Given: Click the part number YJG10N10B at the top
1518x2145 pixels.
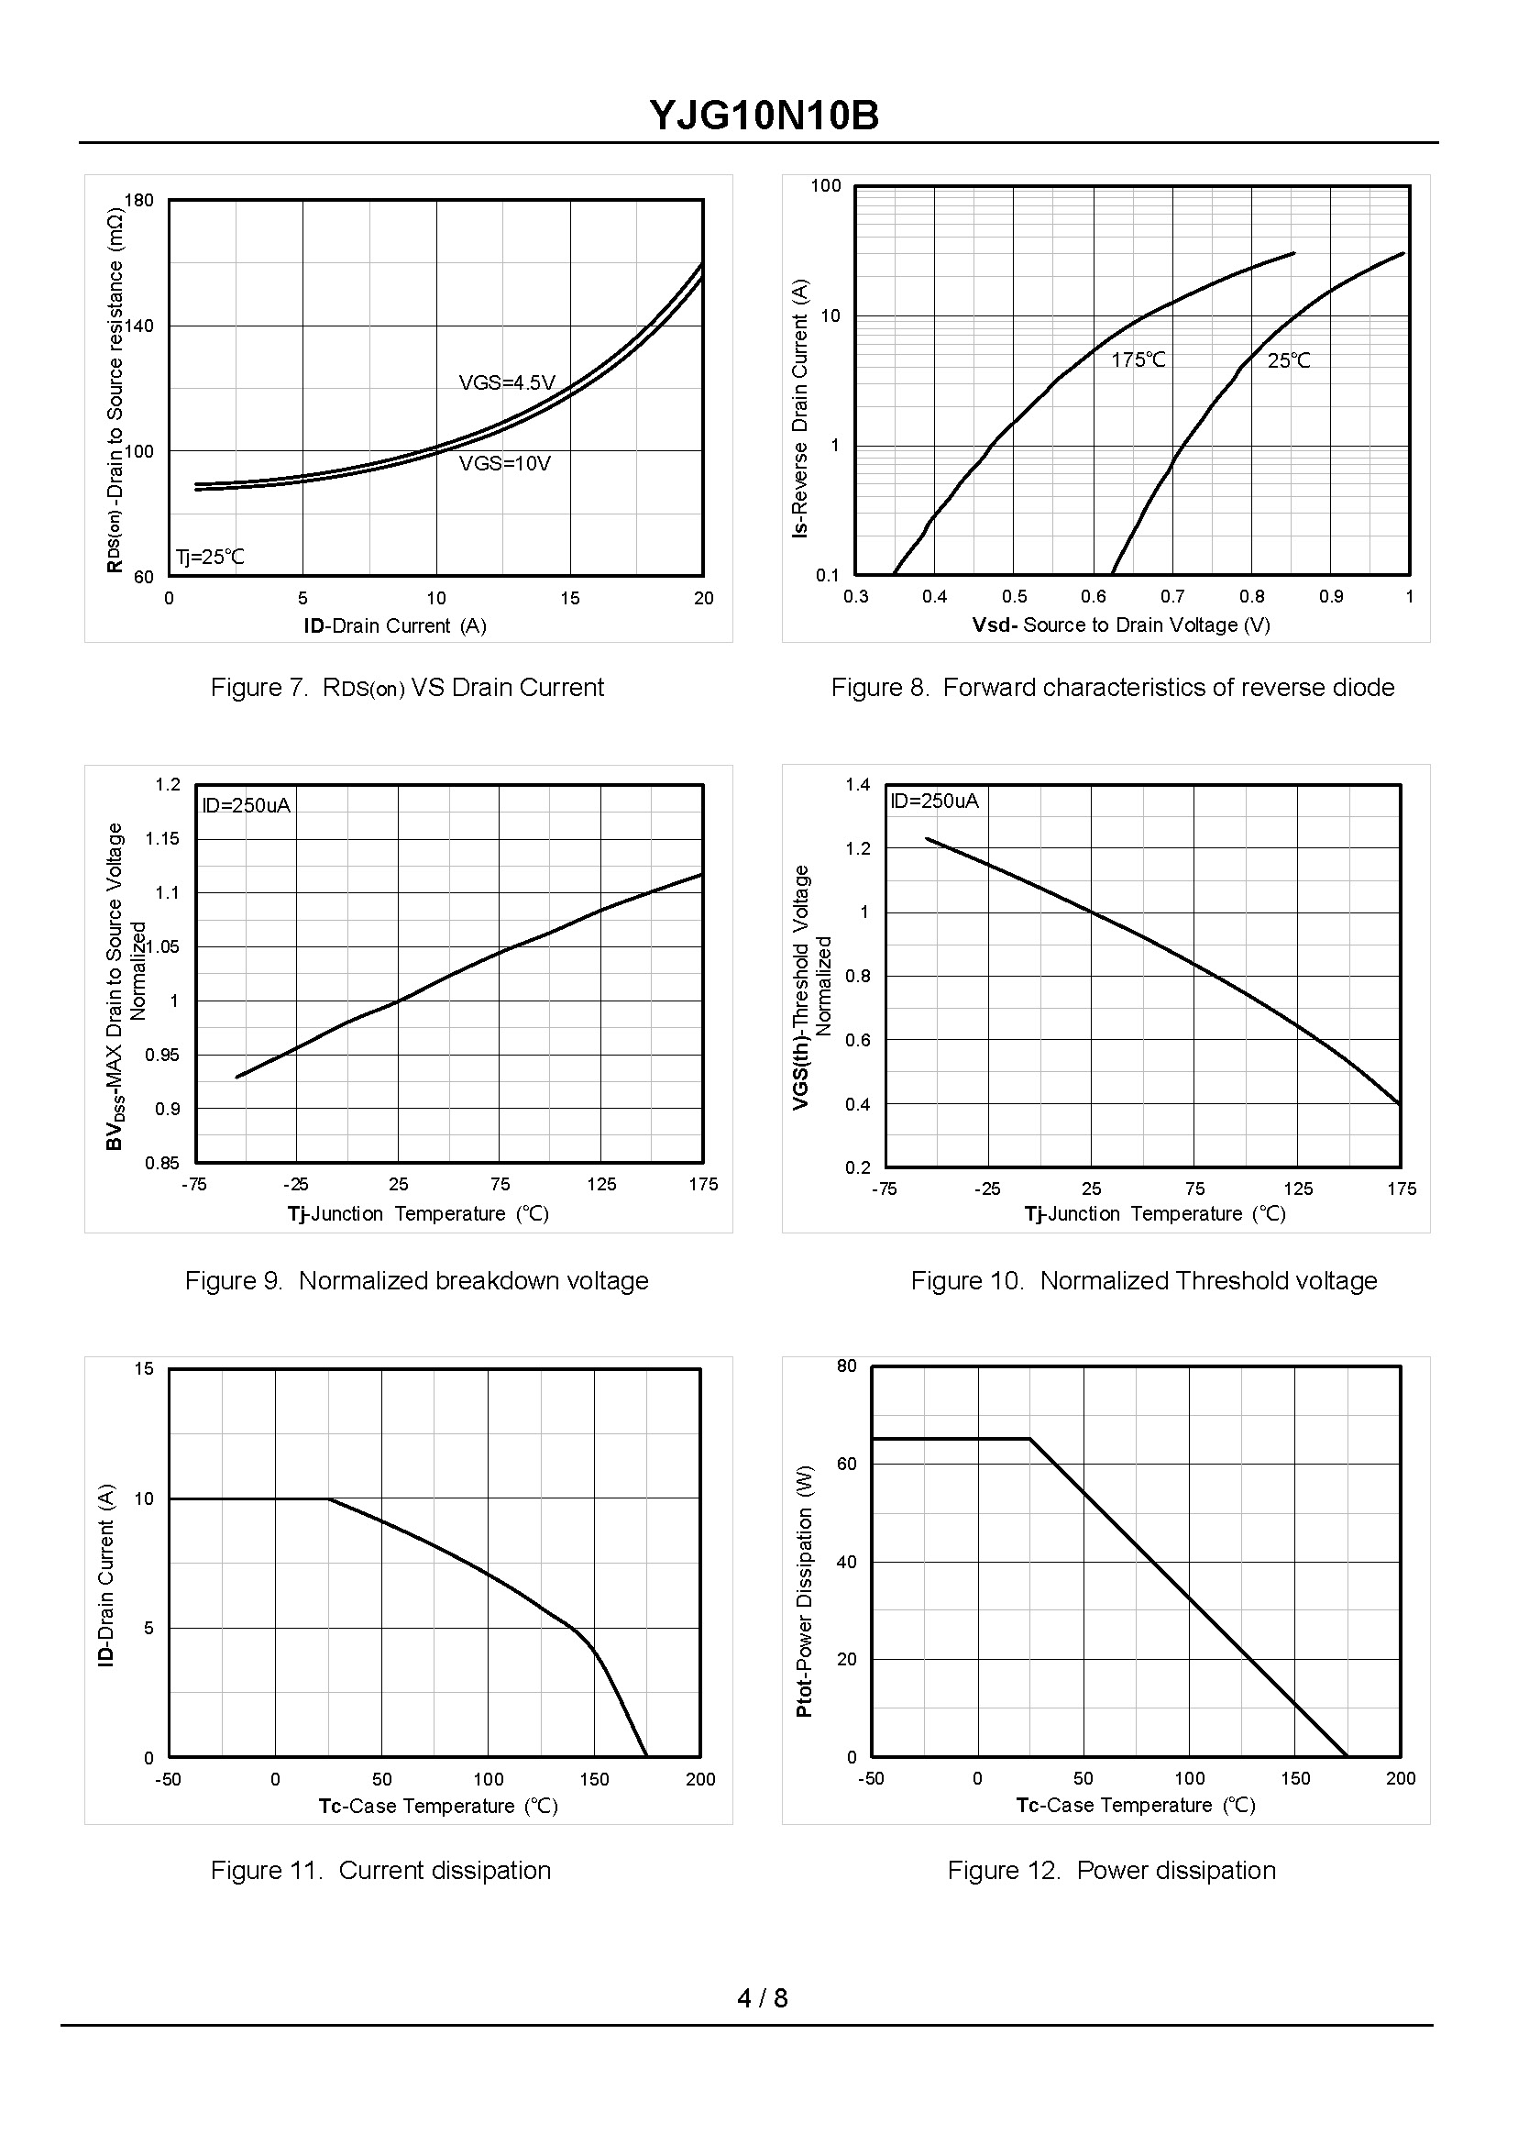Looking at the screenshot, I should point(764,116).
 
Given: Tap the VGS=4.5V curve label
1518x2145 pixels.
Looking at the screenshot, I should point(507,382).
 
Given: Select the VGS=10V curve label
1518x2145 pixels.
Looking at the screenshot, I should point(505,464).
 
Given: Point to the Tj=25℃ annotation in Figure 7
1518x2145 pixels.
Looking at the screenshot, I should point(210,558).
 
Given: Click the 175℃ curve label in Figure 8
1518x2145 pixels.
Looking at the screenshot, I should point(1138,360).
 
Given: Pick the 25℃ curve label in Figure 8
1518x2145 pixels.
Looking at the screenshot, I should point(1289,361).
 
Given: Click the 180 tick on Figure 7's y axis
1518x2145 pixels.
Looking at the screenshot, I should point(139,200).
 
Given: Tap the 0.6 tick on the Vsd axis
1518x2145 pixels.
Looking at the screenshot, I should point(1093,597).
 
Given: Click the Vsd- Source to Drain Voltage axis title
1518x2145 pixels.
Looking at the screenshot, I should point(1121,625).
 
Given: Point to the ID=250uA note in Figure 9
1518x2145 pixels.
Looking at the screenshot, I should point(247,805).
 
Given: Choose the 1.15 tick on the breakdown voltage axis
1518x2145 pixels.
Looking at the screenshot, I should point(162,839).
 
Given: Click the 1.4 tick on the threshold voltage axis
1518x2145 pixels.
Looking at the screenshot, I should point(858,784).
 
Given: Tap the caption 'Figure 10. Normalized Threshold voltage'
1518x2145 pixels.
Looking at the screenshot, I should point(1144,1280).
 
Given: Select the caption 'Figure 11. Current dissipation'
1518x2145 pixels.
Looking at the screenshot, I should point(380,1870).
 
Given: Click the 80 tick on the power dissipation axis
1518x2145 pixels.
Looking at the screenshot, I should point(847,1366).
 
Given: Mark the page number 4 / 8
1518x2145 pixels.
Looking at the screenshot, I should point(763,1998).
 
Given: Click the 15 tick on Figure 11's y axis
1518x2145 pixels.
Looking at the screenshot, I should point(144,1369).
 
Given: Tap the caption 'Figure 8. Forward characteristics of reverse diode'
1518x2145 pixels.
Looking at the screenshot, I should point(1112,687).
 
